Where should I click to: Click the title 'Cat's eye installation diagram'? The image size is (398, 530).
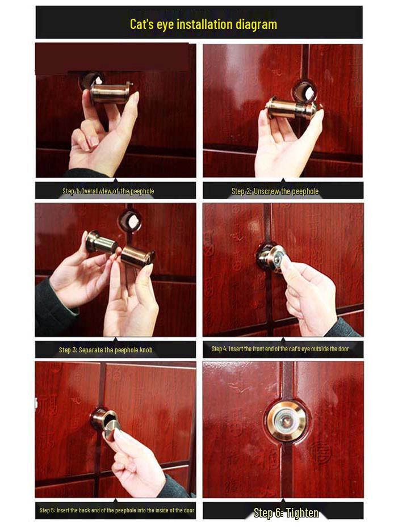click(x=203, y=24)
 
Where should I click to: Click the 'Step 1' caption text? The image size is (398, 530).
click(x=108, y=191)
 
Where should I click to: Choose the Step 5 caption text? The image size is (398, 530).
click(x=116, y=510)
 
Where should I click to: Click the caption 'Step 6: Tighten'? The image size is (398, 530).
click(x=286, y=513)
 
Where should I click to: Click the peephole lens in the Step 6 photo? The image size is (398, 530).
click(x=286, y=422)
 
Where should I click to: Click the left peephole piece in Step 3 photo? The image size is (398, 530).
click(x=101, y=242)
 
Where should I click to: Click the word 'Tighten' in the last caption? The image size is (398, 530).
click(x=301, y=513)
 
